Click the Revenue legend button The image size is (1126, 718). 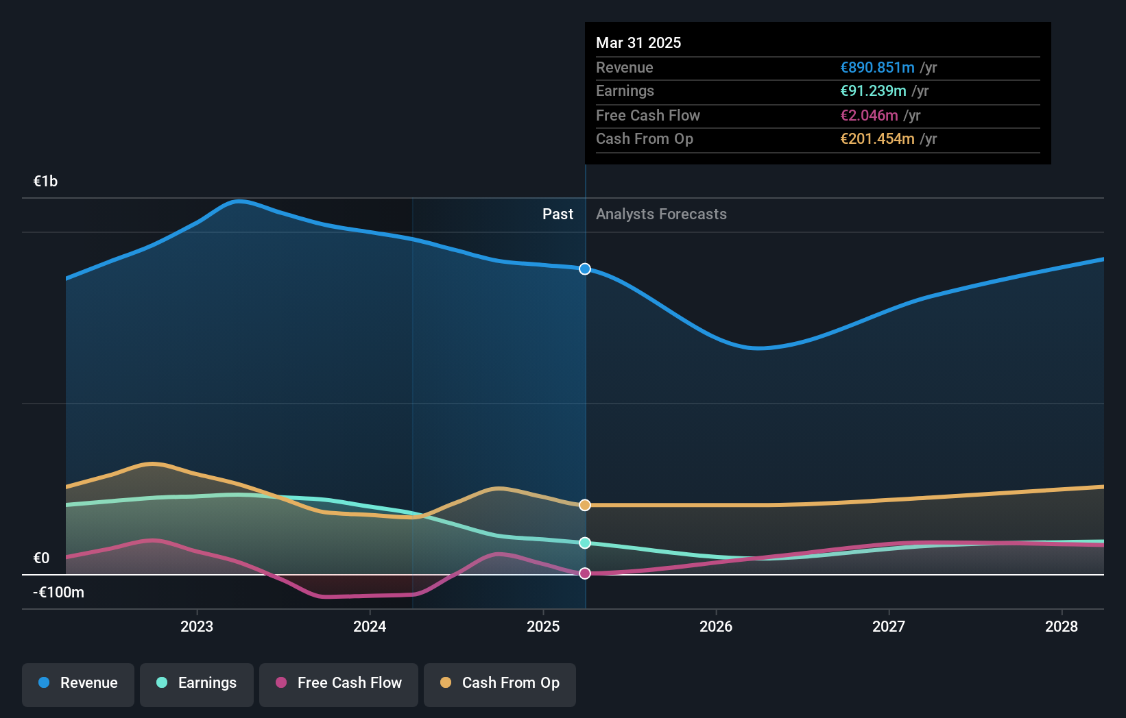(x=78, y=684)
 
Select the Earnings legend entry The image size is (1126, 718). (x=197, y=684)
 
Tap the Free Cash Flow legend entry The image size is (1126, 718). (x=339, y=684)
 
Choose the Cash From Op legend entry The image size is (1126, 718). (x=500, y=684)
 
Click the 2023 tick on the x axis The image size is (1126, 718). (x=197, y=626)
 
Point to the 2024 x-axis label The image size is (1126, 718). (x=370, y=626)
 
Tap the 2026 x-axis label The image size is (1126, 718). (x=716, y=626)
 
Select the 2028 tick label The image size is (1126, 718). (x=1062, y=626)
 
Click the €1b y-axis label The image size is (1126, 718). (x=45, y=182)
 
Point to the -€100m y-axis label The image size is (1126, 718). (x=58, y=593)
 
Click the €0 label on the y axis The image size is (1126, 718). (x=41, y=558)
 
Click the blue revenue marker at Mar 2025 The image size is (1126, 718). (x=585, y=269)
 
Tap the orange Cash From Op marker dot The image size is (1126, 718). (x=585, y=505)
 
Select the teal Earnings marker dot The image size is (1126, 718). (x=585, y=543)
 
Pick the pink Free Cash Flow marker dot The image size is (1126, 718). (x=585, y=573)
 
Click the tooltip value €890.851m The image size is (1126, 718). (x=877, y=68)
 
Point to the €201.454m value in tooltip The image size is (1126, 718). (x=877, y=139)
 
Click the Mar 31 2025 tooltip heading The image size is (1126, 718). (x=638, y=43)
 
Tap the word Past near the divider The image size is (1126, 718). (x=558, y=214)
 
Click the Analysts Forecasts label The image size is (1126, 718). (x=661, y=214)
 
